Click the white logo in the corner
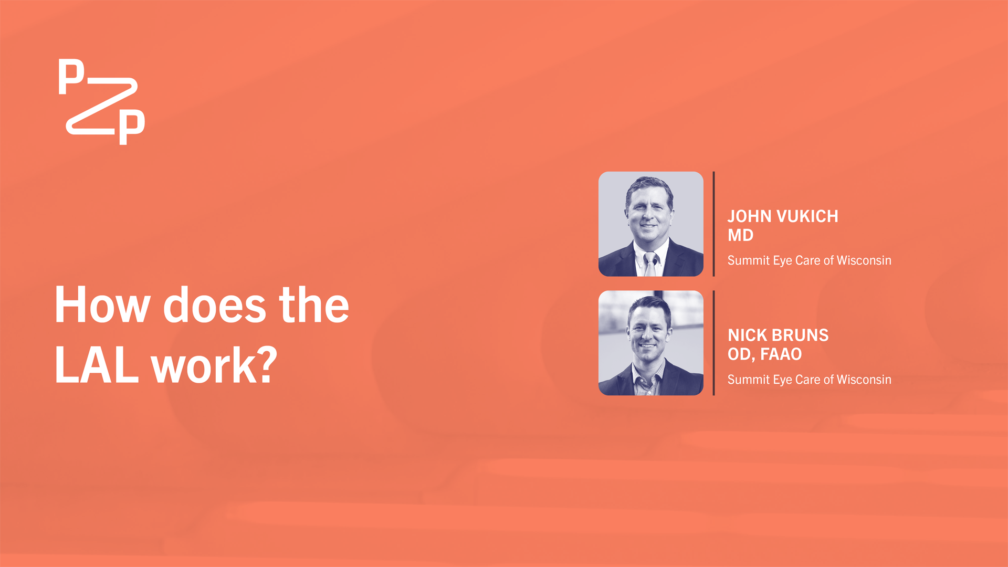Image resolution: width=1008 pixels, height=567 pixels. (101, 102)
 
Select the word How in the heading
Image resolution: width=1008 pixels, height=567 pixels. (102, 305)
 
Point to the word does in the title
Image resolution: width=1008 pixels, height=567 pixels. (215, 305)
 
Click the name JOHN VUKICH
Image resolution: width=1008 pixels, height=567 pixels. (783, 216)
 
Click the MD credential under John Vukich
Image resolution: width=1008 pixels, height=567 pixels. (740, 235)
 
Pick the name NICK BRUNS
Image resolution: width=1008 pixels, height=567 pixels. (778, 335)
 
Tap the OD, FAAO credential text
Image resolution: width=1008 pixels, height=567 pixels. (764, 354)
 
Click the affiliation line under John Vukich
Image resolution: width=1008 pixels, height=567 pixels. (809, 260)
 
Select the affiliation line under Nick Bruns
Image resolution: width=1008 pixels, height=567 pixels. (809, 380)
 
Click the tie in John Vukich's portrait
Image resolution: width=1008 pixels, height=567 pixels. (650, 264)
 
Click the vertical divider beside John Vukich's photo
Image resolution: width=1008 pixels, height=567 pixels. (714, 224)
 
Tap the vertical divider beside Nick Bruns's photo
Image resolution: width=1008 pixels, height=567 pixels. (714, 343)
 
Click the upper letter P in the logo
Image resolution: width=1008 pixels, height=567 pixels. (71, 77)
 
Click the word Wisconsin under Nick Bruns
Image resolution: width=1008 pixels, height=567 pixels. (864, 380)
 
